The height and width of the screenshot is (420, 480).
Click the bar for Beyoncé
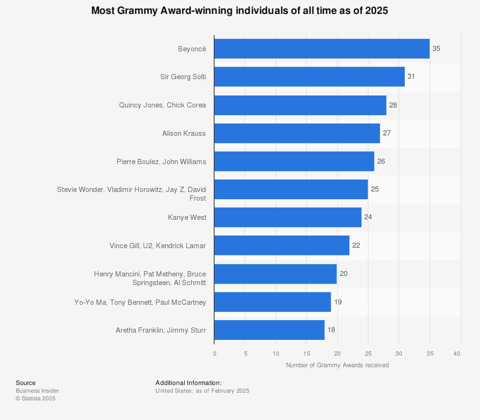point(322,49)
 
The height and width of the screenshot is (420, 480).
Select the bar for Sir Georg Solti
point(309,77)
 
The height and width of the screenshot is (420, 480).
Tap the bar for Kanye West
point(288,217)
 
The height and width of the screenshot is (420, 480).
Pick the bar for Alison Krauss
point(297,133)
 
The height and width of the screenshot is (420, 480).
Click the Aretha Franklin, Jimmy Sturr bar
point(269,330)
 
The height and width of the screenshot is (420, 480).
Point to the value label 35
point(436,49)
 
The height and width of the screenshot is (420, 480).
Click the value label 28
point(393,105)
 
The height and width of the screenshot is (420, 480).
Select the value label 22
point(356,245)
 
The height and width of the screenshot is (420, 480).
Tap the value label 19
point(337,302)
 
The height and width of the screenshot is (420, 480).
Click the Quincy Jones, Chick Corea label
point(162,105)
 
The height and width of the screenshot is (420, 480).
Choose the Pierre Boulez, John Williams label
point(161,162)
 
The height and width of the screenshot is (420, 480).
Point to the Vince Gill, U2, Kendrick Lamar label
point(157,246)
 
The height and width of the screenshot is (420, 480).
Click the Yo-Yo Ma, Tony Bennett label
point(140,302)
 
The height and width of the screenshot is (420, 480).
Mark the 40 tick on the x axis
point(457,354)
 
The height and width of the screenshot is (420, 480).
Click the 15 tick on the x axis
point(307,354)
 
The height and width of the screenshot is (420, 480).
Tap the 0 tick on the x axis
point(215,354)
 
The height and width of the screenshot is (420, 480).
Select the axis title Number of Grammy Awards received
point(337,365)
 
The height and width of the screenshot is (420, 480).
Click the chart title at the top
point(240,11)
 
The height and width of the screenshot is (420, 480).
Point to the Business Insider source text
point(37,391)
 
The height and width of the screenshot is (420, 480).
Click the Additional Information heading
point(188,383)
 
